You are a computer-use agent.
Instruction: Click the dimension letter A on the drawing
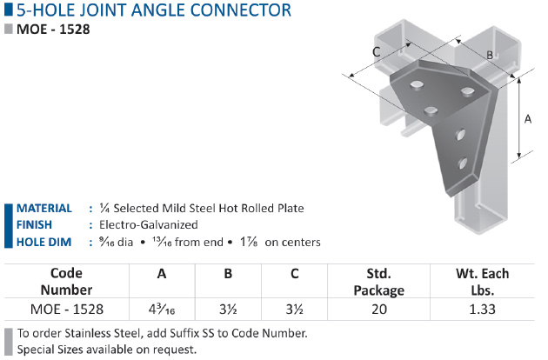(528, 119)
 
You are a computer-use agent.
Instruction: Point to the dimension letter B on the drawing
(490, 55)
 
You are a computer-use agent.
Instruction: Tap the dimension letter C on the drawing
(377, 51)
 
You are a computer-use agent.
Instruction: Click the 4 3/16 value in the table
(162, 310)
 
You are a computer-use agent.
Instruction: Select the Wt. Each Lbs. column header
(482, 282)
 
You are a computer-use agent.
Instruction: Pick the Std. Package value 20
(379, 310)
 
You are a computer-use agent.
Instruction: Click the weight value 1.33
(482, 310)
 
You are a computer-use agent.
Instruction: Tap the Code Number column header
(66, 282)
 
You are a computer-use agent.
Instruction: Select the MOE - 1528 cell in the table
(67, 310)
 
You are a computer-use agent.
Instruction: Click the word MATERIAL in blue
(44, 209)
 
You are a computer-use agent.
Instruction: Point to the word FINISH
(34, 224)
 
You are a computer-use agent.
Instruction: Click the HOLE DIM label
(44, 242)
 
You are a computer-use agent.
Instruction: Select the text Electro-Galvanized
(149, 224)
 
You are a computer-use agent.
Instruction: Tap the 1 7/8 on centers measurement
(280, 242)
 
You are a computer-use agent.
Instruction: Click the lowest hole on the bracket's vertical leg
(462, 163)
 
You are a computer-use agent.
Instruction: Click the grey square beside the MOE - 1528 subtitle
(9, 29)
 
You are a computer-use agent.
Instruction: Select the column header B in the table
(228, 274)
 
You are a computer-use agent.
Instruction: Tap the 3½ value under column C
(294, 310)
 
